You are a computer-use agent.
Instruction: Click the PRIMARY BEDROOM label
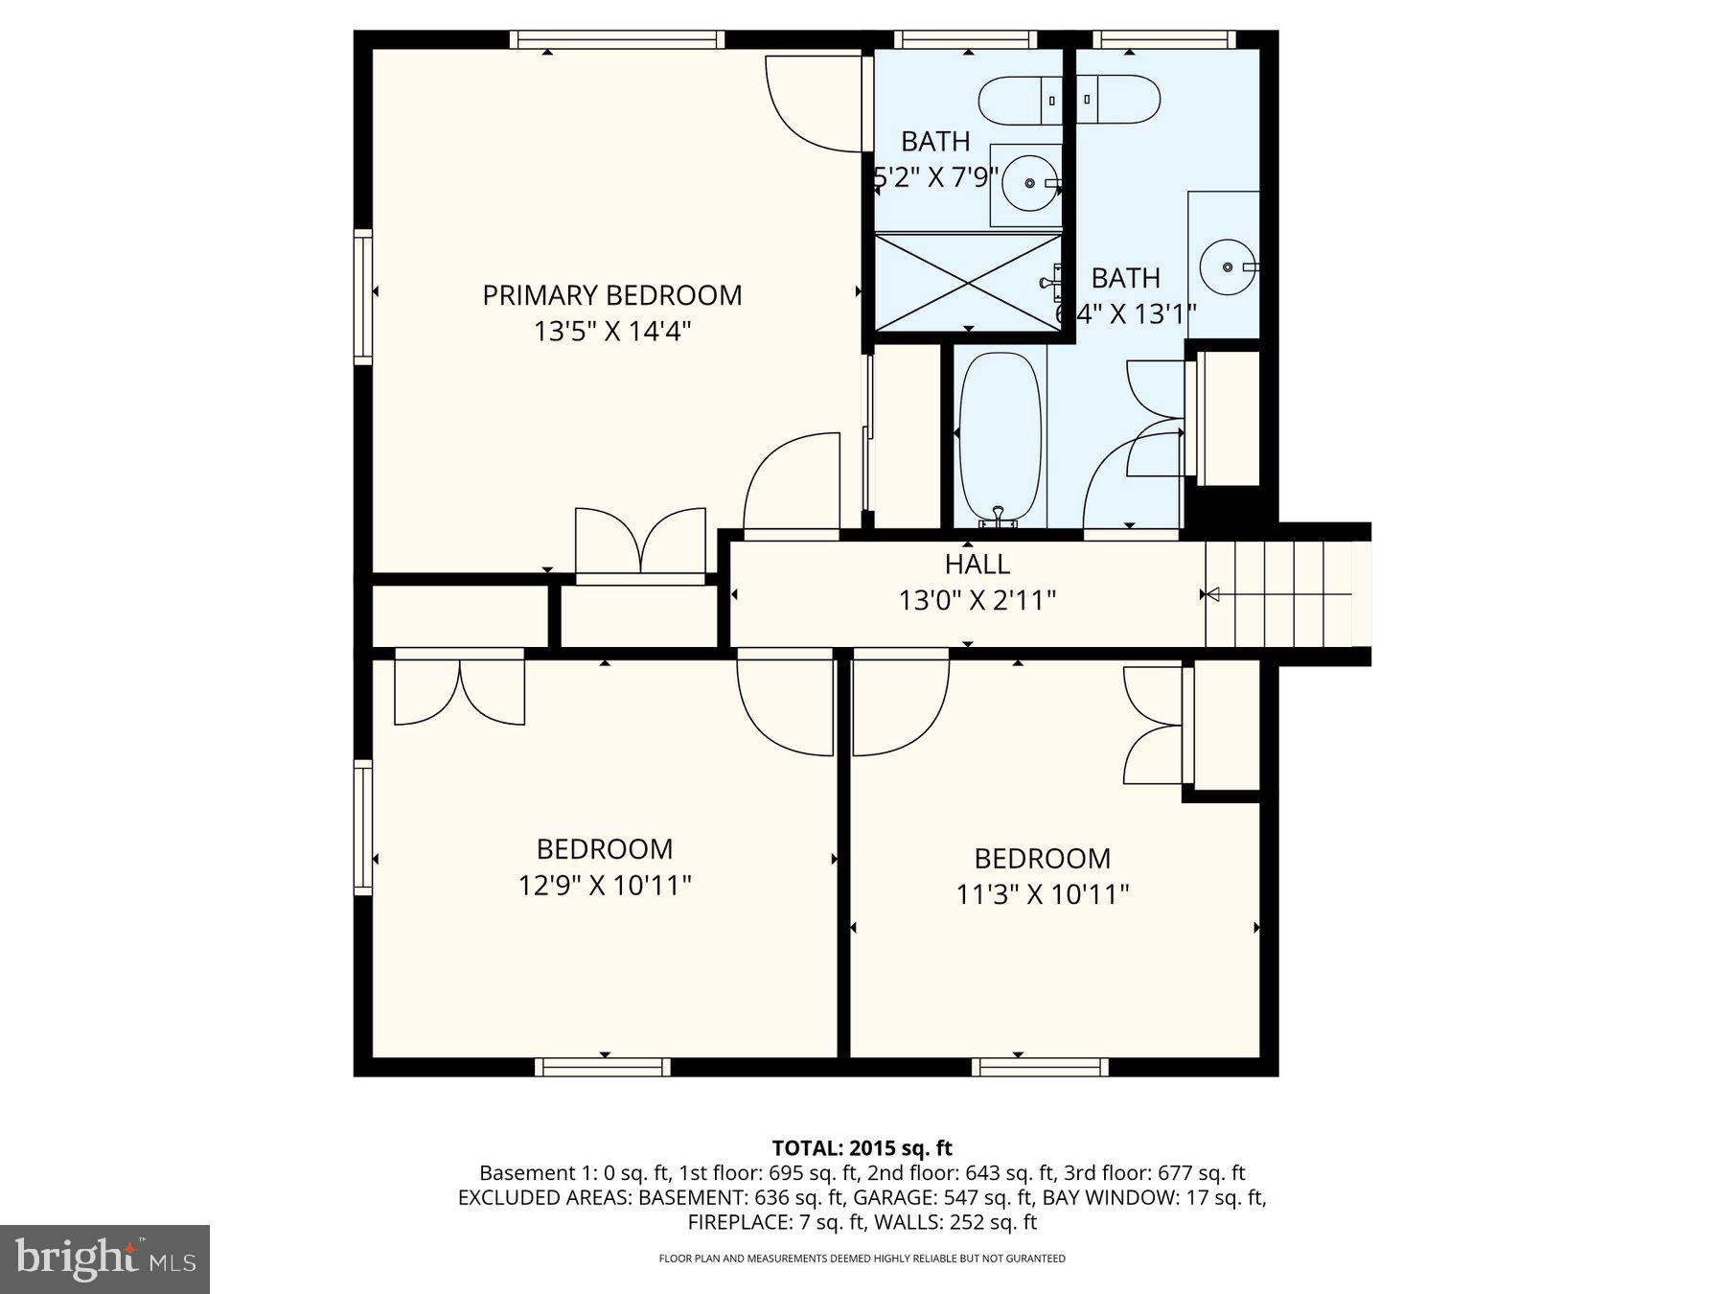(611, 295)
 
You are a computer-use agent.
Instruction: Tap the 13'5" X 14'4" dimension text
(611, 332)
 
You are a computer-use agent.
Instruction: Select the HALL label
(977, 564)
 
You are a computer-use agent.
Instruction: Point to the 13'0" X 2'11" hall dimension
(977, 601)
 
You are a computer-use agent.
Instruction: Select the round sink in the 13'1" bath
(1228, 266)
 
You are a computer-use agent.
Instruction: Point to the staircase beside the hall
(1284, 594)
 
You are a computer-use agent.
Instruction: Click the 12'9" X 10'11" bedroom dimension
(605, 885)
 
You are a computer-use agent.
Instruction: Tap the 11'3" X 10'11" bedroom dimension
(1043, 894)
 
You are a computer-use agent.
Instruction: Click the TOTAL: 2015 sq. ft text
(862, 1148)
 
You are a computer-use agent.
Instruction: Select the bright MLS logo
(104, 1259)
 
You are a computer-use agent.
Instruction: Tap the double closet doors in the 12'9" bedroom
(460, 689)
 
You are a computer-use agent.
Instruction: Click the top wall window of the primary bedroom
(616, 39)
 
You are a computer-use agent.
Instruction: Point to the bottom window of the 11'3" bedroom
(1040, 1067)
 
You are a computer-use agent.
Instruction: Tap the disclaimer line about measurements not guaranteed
(862, 1259)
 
